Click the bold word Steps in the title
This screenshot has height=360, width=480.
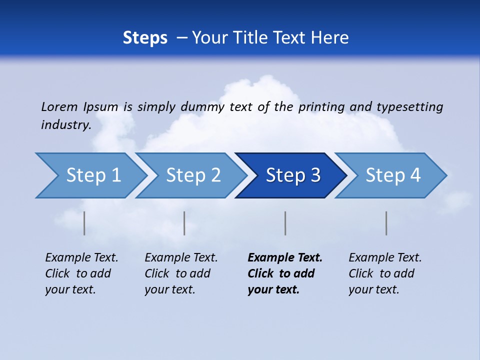(x=145, y=38)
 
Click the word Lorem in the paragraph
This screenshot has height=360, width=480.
(x=59, y=106)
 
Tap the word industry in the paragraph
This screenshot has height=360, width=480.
(x=65, y=124)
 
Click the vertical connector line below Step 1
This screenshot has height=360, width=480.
(x=84, y=223)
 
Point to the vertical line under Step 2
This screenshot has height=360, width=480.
(x=184, y=223)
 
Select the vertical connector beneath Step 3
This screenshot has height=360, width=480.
(x=285, y=223)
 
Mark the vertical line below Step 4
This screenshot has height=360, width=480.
(x=386, y=223)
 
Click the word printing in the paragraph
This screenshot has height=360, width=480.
(x=322, y=107)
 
